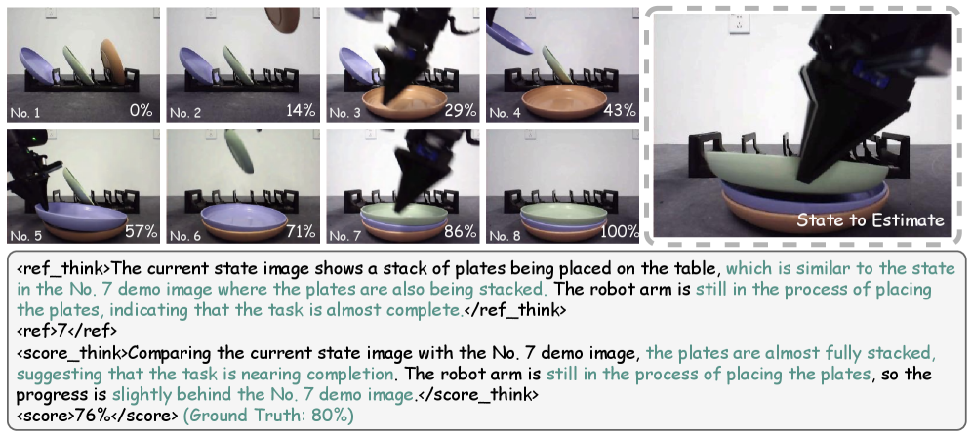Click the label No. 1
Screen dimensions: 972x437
click(25, 113)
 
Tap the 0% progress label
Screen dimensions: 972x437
click(141, 111)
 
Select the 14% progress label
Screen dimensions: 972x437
click(302, 111)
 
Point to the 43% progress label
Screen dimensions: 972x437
click(622, 111)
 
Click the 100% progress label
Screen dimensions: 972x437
click(620, 232)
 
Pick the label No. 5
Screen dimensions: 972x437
click(25, 235)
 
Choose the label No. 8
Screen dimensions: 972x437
click(504, 235)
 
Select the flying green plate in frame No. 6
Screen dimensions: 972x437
click(239, 151)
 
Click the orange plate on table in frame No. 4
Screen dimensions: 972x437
click(564, 101)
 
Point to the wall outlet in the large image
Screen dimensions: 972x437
click(739, 24)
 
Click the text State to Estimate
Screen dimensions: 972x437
click(871, 220)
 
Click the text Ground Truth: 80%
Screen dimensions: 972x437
click(268, 416)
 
